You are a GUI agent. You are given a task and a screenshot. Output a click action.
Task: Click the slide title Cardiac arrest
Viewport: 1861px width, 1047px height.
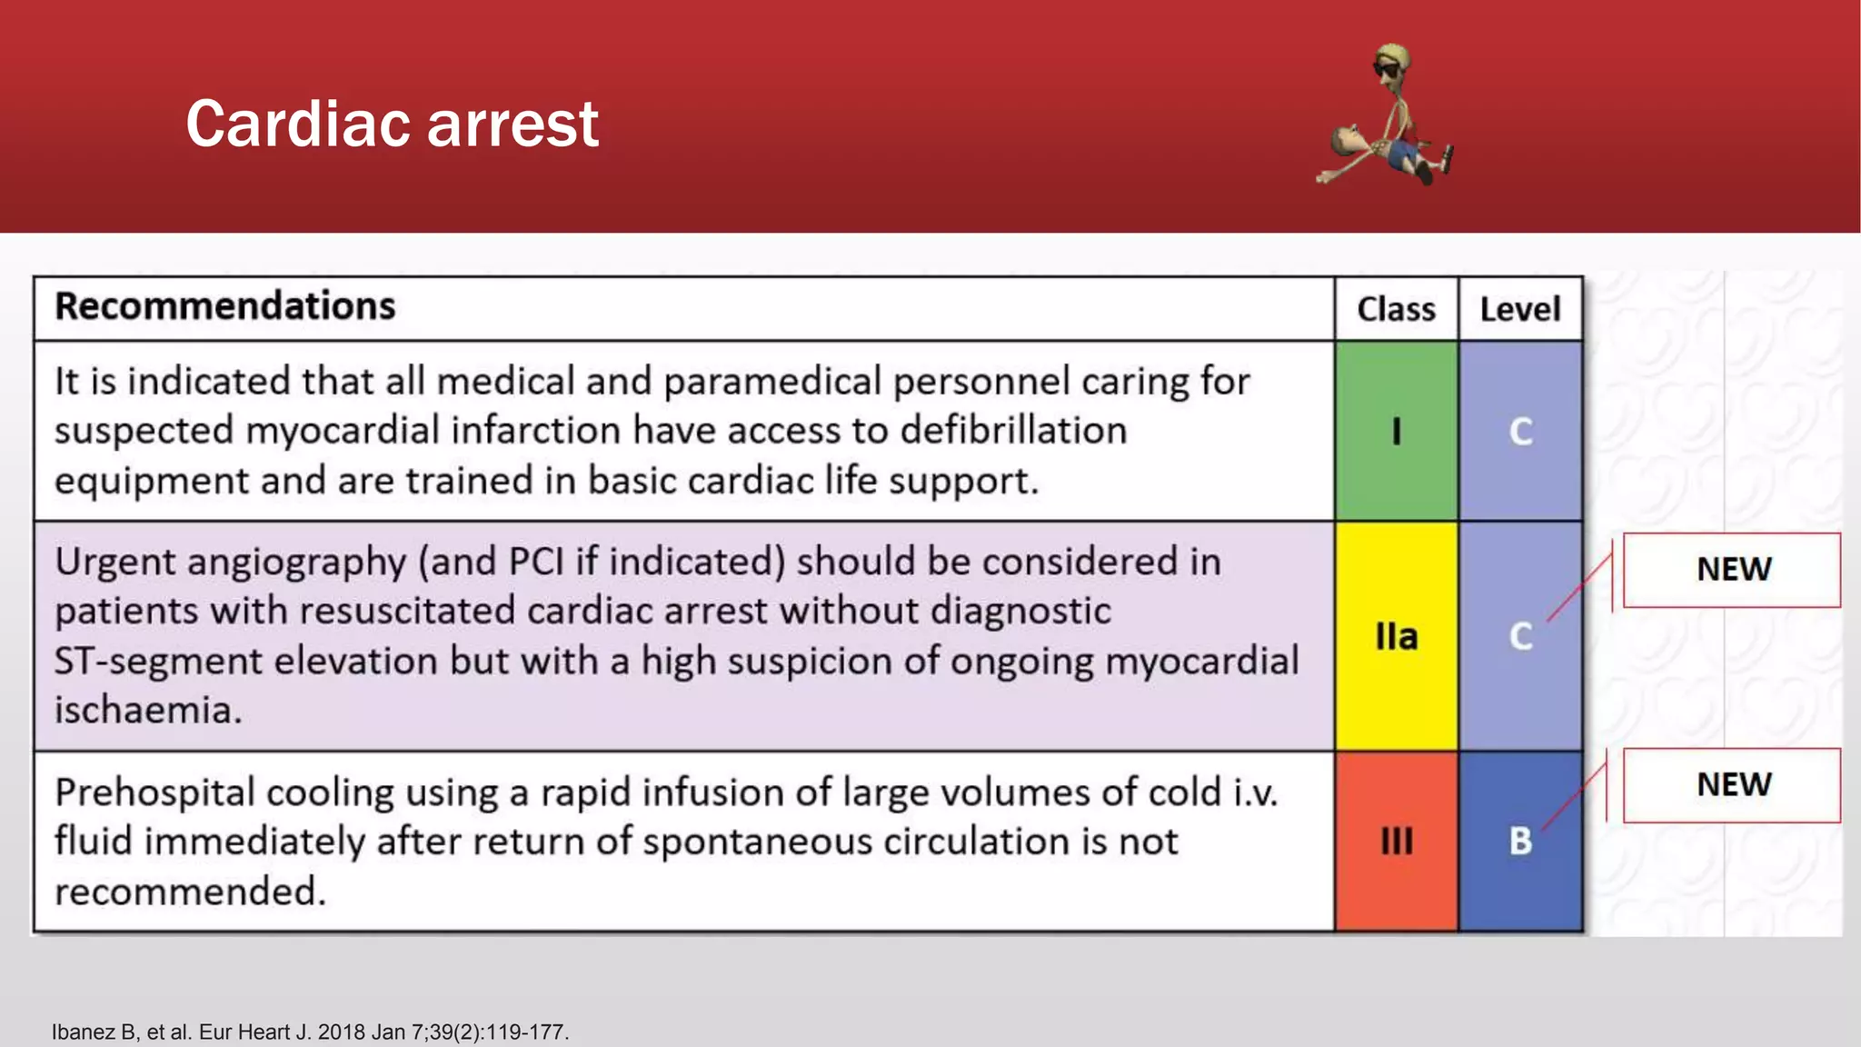[x=392, y=124]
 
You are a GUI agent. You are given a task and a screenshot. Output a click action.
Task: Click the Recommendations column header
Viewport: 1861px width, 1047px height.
[x=224, y=306]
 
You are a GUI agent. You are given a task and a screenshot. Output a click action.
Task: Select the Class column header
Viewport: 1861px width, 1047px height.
[x=1396, y=309]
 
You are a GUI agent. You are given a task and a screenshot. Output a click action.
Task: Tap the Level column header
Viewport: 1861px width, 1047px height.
[x=1520, y=309]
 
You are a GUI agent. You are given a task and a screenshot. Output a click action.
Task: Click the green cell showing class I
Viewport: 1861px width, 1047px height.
[x=1396, y=431]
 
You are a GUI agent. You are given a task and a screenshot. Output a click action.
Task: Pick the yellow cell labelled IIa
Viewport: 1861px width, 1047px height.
[x=1396, y=636]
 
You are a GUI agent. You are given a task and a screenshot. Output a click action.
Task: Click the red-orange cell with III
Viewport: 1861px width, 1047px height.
[x=1396, y=841]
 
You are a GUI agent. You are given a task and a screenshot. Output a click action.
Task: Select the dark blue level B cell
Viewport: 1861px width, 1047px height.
[x=1520, y=841]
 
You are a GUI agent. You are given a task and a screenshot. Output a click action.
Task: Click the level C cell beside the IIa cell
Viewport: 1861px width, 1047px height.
[x=1520, y=636]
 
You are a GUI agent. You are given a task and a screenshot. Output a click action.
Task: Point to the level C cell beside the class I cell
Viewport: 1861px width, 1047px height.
[x=1520, y=431]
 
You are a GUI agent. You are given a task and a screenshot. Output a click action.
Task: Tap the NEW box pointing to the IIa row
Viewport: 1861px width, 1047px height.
[x=1732, y=570]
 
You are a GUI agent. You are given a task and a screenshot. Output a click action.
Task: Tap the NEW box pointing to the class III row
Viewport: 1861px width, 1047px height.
[x=1732, y=785]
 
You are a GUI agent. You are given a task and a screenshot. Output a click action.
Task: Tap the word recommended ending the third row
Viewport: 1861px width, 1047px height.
[x=188, y=892]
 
